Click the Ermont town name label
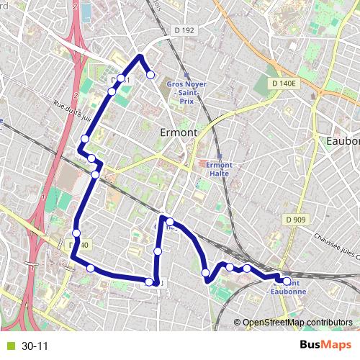[x=176, y=133]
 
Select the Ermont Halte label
[x=219, y=168]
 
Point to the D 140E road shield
[x=284, y=84]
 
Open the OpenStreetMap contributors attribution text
[x=296, y=323]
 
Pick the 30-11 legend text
[x=35, y=346]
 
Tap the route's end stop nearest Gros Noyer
[x=150, y=74]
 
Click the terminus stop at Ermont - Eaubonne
[x=287, y=282]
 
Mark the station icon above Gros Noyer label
[x=186, y=74]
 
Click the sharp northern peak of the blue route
[x=140, y=55]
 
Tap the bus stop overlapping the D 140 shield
[x=76, y=233]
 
